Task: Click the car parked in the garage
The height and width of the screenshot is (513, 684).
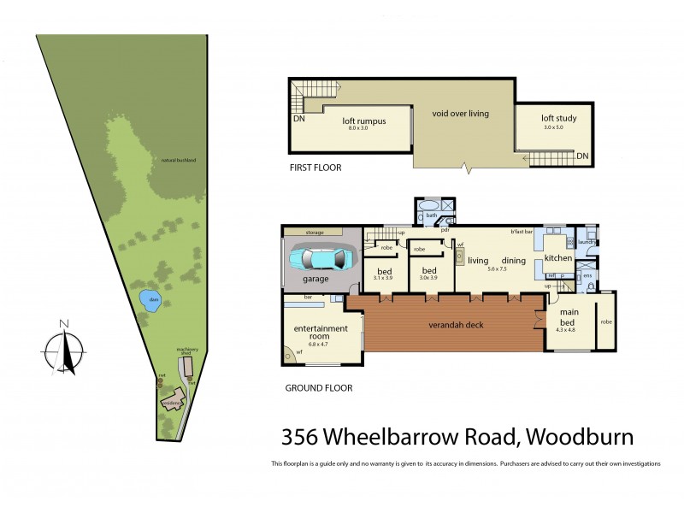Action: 318,259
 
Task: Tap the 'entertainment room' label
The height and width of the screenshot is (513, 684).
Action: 321,332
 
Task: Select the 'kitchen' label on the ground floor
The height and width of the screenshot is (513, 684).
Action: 557,257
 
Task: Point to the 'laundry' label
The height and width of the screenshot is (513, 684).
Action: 587,242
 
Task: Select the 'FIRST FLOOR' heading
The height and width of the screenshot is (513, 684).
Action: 315,168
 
